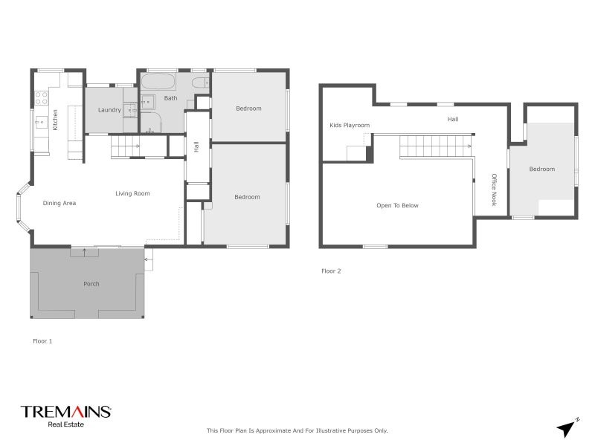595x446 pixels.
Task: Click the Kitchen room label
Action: [55, 120]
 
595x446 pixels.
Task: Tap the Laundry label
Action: [109, 111]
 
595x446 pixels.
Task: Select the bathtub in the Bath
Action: [158, 80]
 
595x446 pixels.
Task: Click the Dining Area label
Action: [59, 203]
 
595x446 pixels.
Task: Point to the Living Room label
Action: [132, 193]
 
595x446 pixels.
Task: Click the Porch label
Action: [91, 283]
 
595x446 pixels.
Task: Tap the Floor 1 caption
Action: [42, 341]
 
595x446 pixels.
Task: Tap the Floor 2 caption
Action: [331, 271]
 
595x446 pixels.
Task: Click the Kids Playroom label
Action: [350, 126]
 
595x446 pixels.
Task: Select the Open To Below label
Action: [397, 205]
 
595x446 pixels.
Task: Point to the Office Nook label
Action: [493, 190]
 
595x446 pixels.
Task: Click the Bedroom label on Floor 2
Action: [541, 169]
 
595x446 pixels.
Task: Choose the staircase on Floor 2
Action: [436, 147]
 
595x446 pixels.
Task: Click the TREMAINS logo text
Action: [65, 411]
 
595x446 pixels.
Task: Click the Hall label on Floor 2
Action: [453, 119]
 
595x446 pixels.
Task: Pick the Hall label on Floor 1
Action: [196, 147]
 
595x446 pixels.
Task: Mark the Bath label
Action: [171, 98]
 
